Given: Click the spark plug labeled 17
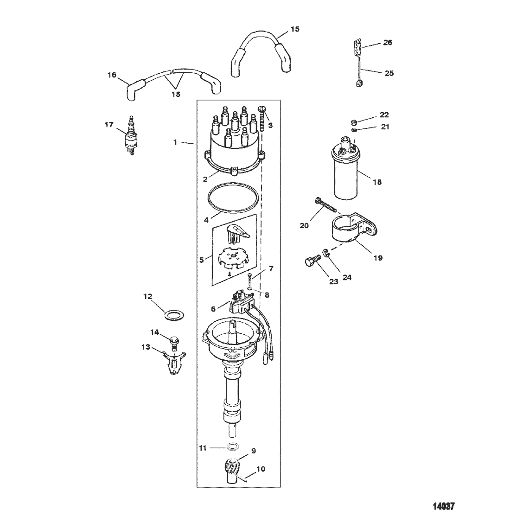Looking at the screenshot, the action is pos(131,135).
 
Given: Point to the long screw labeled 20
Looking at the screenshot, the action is pos(325,204).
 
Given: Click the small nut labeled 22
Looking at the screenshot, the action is pos(355,122).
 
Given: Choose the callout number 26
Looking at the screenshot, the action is pos(388,42).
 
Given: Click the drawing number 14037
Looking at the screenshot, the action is pos(444,506).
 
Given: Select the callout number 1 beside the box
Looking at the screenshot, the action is pos(175,142).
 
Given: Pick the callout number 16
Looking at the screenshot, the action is pos(112,75).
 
